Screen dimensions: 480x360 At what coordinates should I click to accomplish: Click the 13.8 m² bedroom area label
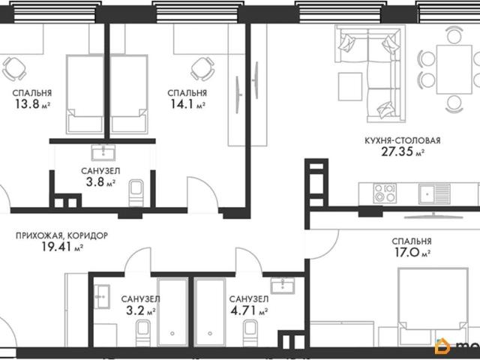coord(32,104)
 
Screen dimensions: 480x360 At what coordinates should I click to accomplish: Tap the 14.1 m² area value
coord(187,104)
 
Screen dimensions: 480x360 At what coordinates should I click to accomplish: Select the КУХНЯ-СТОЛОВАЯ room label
coord(403,140)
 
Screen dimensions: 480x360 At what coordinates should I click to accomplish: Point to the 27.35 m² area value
coord(403,151)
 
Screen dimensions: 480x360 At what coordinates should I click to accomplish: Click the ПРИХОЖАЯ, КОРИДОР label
coord(61,235)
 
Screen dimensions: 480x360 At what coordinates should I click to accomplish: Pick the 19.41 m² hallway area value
coord(62,247)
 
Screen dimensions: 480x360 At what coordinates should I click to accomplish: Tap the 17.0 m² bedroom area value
coord(412,253)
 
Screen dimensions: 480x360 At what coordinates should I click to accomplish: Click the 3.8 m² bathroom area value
coord(100,182)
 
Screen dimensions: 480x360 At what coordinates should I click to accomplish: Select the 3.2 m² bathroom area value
coord(140,310)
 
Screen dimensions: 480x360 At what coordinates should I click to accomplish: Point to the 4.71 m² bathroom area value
coord(249,310)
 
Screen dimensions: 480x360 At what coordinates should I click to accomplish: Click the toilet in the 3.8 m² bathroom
coord(136,193)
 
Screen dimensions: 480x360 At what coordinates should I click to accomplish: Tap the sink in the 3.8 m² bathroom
coord(103,152)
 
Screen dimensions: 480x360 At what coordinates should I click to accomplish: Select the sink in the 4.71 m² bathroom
coord(283,286)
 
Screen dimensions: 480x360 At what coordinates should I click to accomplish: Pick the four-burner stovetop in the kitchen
coord(385,193)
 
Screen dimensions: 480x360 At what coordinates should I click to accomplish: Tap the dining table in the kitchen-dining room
coord(454,70)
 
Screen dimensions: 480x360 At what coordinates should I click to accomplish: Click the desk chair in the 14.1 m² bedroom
coord(202,68)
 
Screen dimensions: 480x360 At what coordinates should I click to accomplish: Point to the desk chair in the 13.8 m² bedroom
coord(14,68)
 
